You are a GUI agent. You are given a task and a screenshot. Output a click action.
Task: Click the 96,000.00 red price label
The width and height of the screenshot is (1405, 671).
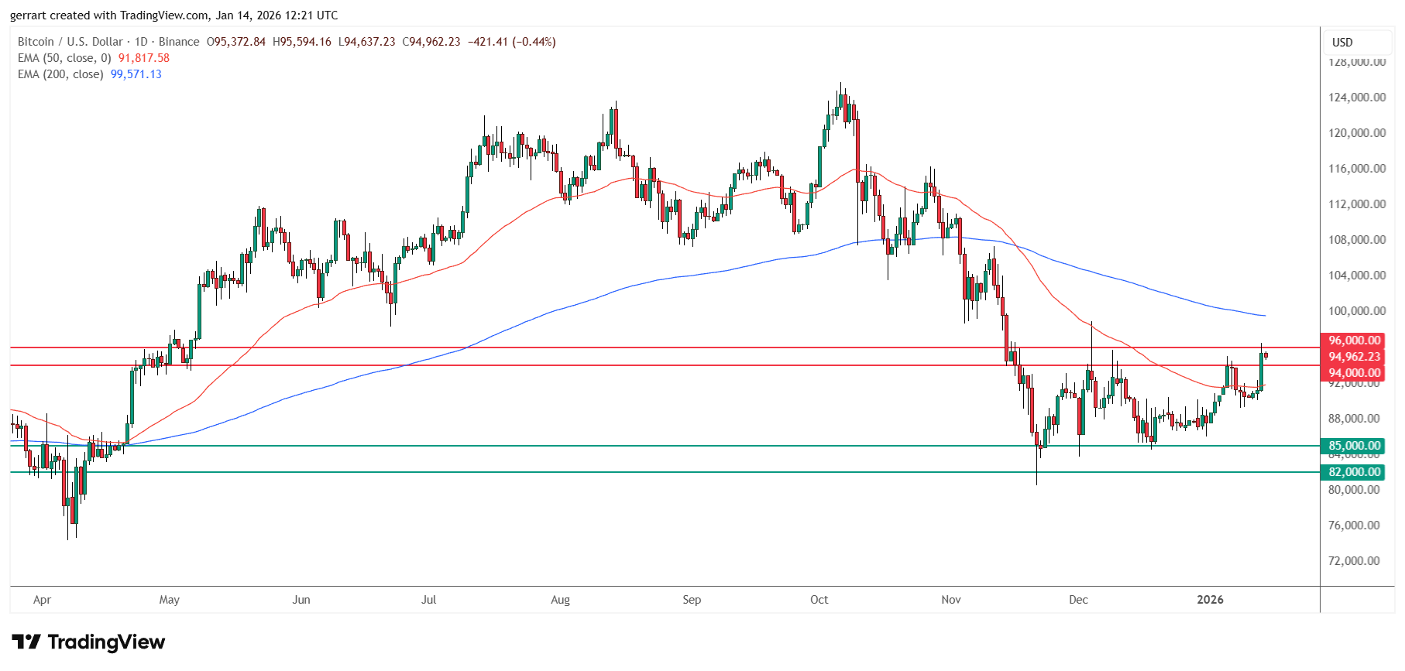[1354, 341]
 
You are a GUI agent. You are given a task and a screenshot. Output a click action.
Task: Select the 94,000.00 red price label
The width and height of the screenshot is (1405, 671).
[1354, 373]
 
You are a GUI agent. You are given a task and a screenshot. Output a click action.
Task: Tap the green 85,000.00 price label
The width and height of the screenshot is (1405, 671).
[1354, 446]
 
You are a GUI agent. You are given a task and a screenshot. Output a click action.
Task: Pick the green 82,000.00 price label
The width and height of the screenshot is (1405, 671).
[1354, 472]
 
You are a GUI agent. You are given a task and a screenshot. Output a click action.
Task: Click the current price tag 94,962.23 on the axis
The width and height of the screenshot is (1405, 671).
[1354, 357]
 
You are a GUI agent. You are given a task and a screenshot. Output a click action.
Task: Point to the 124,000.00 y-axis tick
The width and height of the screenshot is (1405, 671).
[1357, 98]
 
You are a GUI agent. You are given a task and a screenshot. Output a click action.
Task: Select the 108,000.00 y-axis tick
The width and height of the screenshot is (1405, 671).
[1357, 240]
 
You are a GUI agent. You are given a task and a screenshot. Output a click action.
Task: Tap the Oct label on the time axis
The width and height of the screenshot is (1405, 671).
[819, 600]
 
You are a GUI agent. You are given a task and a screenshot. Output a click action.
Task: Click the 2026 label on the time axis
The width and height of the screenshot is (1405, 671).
[1210, 600]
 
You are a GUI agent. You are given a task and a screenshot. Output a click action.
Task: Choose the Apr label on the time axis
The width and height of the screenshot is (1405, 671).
[42, 600]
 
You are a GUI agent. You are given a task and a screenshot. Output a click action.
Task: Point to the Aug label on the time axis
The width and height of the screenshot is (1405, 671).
[560, 600]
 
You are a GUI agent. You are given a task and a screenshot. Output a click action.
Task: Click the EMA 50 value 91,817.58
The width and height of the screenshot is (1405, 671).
[143, 58]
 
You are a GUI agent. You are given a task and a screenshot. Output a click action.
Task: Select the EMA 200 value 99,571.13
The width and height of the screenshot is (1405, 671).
[136, 74]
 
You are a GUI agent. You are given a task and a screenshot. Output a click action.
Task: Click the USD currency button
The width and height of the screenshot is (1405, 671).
[1342, 43]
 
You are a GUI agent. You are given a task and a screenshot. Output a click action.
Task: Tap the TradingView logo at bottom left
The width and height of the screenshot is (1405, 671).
[88, 642]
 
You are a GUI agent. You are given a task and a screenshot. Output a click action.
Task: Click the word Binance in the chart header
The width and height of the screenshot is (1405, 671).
[179, 42]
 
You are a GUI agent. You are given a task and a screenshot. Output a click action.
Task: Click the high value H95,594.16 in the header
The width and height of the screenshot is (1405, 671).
[301, 42]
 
